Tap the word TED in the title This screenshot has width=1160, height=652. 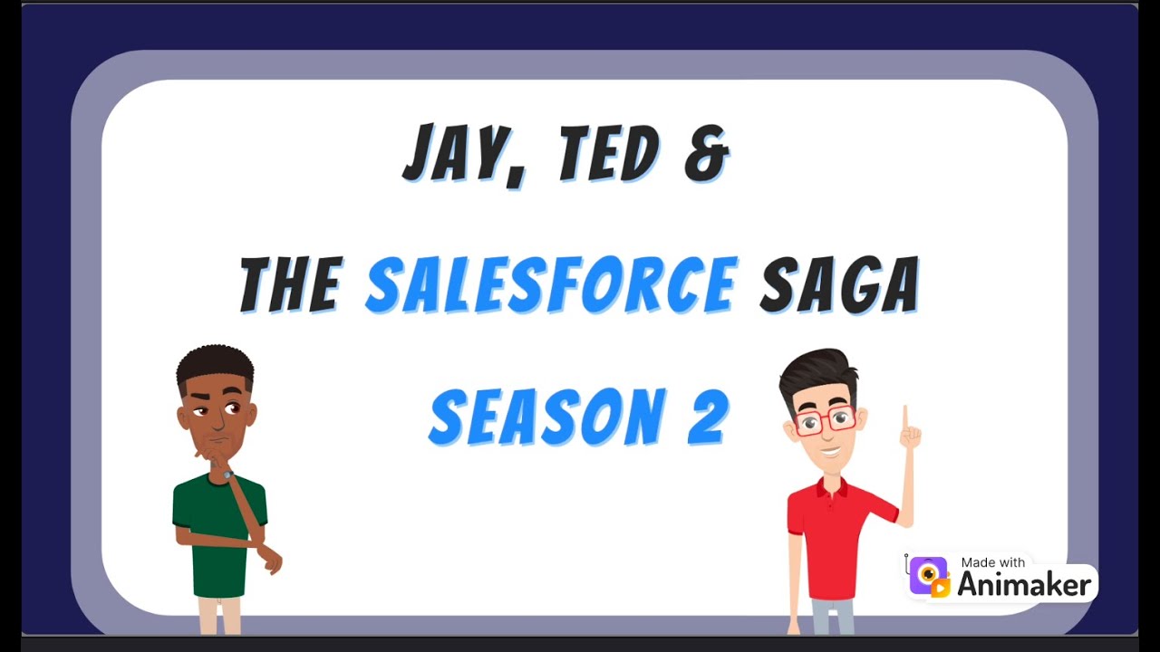(x=608, y=154)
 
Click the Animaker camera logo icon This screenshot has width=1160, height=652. (x=929, y=577)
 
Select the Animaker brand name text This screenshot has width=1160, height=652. (x=1024, y=585)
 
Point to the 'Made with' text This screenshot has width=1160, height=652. (x=993, y=562)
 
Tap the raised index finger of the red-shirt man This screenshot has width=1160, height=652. (x=904, y=419)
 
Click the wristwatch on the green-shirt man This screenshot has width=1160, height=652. (x=227, y=475)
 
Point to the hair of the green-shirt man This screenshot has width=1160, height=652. (x=216, y=364)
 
